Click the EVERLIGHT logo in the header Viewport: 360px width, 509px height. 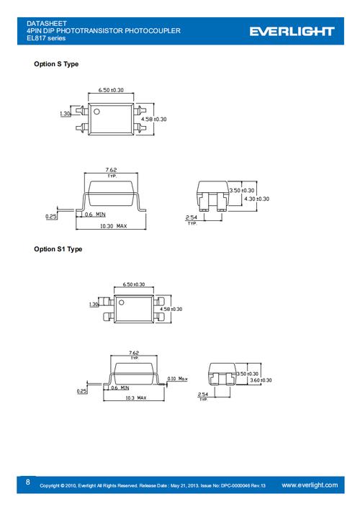292,31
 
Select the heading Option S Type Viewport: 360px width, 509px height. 56,64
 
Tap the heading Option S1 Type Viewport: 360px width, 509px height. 58,249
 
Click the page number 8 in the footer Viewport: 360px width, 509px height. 28,482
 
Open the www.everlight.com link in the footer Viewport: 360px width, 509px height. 310,485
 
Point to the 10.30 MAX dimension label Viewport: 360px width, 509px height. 113,226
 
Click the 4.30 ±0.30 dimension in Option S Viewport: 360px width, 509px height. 256,199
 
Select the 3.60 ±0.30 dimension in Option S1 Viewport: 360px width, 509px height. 261,380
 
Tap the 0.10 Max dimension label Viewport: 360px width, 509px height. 177,379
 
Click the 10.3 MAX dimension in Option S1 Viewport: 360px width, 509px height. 135,397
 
